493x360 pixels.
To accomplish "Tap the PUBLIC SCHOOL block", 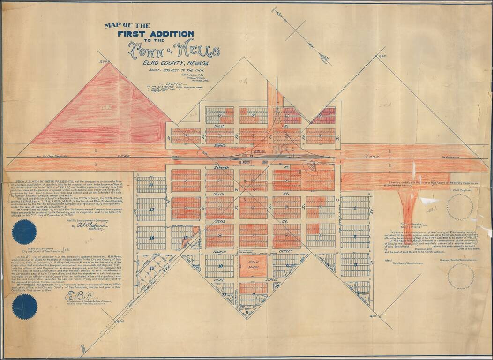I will [253, 265].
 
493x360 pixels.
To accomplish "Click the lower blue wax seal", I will [25, 307].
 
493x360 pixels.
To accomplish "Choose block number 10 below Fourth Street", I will [220, 266].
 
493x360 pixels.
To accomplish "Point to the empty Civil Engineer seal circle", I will [460, 207].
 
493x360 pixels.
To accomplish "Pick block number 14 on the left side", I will [151, 185].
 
